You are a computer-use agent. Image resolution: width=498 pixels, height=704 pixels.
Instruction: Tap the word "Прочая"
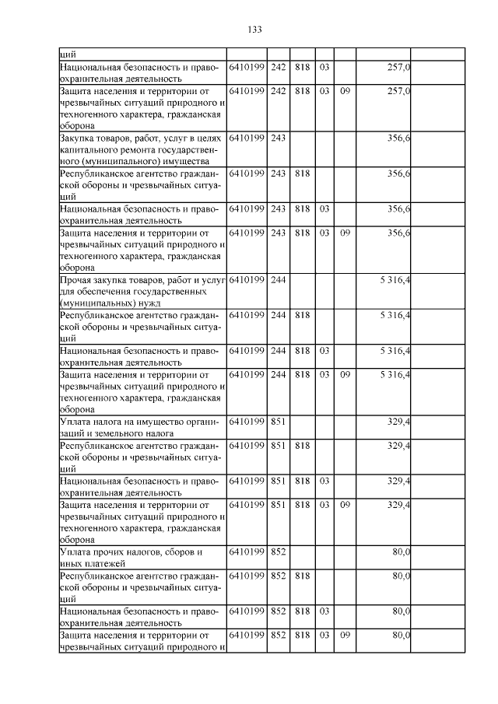coord(75,279)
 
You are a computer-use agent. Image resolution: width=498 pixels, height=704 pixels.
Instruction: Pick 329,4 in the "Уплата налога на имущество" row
coord(399,422)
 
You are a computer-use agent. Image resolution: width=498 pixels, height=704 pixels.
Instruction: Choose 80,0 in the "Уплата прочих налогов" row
coord(402,552)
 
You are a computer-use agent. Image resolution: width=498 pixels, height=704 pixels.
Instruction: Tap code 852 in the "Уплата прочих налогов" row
coord(279,552)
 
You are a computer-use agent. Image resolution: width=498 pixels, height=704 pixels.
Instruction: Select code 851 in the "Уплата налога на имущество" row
coord(279,422)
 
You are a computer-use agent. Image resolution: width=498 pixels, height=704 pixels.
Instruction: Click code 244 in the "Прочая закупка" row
coord(279,279)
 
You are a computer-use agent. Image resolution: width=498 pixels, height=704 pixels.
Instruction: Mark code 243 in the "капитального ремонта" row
coord(279,138)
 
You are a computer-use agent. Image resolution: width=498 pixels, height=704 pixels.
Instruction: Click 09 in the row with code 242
coord(345,91)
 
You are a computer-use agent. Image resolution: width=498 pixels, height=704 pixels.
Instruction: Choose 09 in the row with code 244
coord(345,375)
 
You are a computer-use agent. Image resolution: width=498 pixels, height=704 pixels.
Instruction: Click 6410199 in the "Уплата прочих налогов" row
coord(247,552)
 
